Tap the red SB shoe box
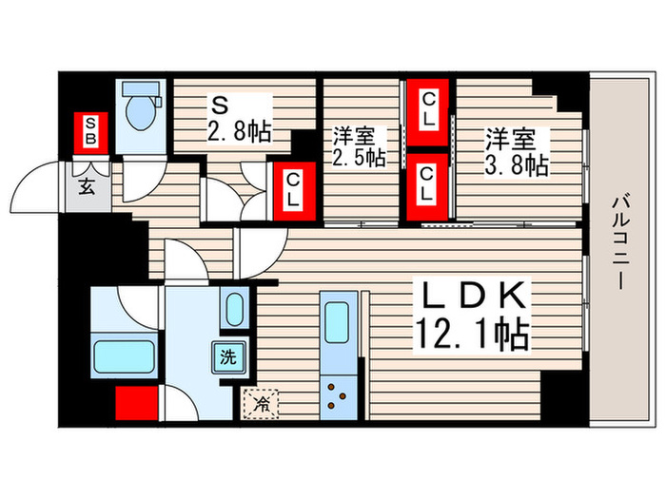click(x=91, y=132)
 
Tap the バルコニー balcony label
click(x=617, y=241)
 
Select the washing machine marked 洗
click(x=228, y=357)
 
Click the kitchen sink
click(x=338, y=322)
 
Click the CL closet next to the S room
click(x=293, y=188)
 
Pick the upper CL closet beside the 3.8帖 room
click(x=428, y=111)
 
